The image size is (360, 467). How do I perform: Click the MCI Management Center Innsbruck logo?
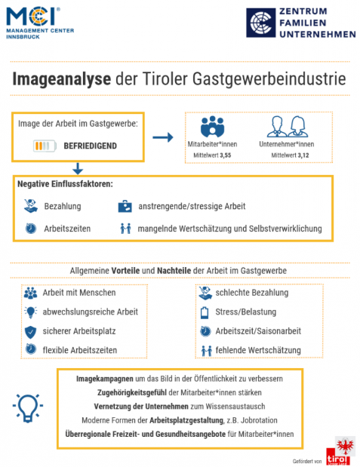pyautogui.click(x=40, y=23)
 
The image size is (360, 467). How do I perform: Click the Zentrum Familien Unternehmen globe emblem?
pyautogui.click(x=260, y=23)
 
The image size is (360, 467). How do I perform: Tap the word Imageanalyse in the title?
pyautogui.click(x=62, y=79)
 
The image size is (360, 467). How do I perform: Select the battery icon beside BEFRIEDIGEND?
pyautogui.click(x=45, y=146)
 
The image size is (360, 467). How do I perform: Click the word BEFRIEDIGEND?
pyautogui.click(x=91, y=146)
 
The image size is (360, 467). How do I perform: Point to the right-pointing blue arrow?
pyautogui.click(x=163, y=137)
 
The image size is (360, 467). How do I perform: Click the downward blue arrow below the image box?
pyautogui.click(x=78, y=168)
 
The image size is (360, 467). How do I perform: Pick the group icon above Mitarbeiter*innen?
pyautogui.click(x=212, y=127)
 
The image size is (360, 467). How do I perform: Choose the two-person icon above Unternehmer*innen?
pyautogui.click(x=288, y=127)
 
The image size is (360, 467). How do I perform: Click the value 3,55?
pyautogui.click(x=226, y=155)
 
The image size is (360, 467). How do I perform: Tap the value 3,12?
pyautogui.click(x=303, y=155)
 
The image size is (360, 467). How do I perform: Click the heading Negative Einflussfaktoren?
pyautogui.click(x=65, y=184)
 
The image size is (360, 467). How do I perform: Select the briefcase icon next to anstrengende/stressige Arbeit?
pyautogui.click(x=125, y=206)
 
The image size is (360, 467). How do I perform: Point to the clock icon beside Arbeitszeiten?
pyautogui.click(x=31, y=229)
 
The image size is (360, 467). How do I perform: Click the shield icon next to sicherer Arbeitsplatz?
pyautogui.click(x=30, y=332)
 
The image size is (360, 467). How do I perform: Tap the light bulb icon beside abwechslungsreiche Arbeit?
pyautogui.click(x=31, y=312)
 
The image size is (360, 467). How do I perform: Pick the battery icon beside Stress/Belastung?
pyautogui.click(x=205, y=312)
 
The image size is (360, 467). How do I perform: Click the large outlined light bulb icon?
pyautogui.click(x=28, y=407)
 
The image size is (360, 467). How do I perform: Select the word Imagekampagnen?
pyautogui.click(x=105, y=379)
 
